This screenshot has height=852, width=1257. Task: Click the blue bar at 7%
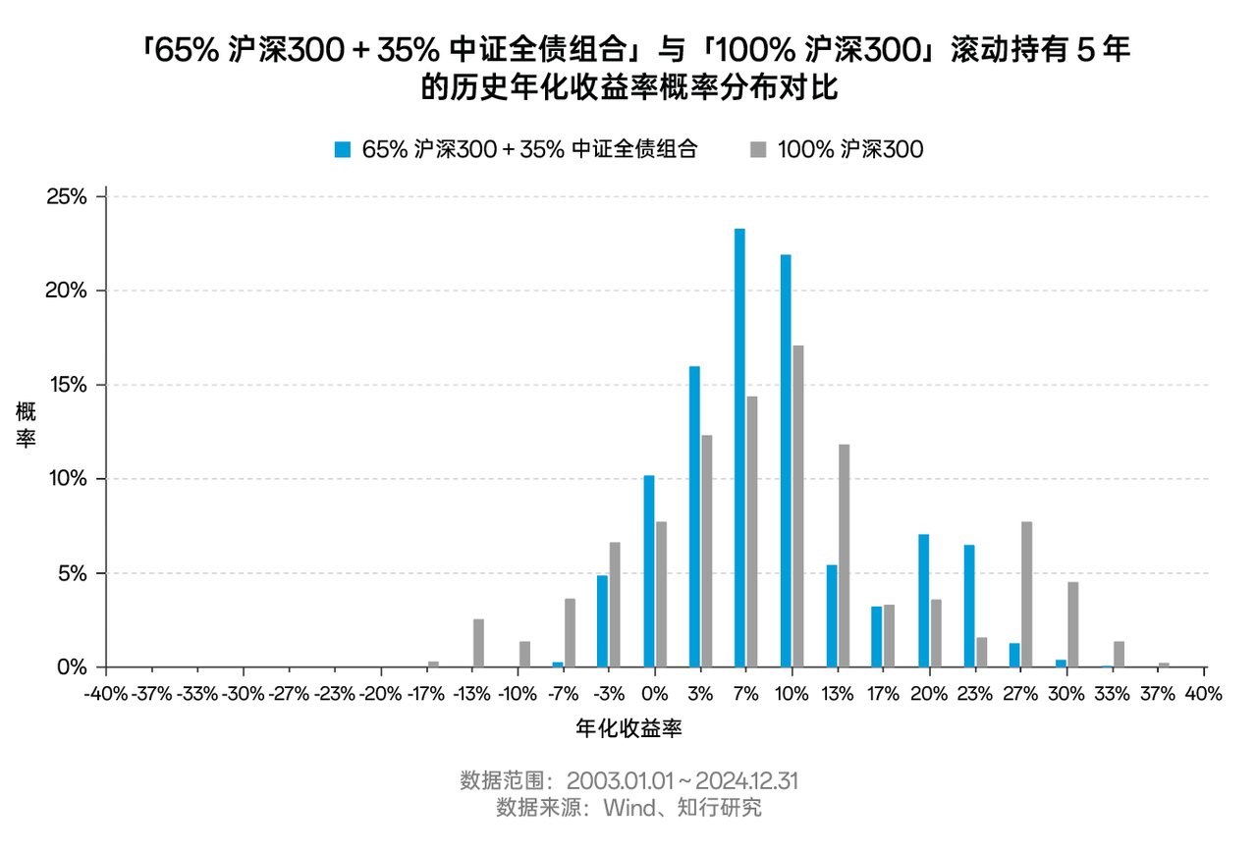tap(739, 448)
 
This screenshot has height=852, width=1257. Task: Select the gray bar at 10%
tap(796, 506)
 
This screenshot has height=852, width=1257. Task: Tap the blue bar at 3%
tap(694, 516)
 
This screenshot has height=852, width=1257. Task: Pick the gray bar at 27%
tap(1026, 594)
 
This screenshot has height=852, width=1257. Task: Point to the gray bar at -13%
tap(478, 643)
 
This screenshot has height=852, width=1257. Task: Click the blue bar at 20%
tap(923, 601)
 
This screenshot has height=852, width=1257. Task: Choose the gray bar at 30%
tap(1072, 624)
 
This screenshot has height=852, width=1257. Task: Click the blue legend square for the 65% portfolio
tap(343, 149)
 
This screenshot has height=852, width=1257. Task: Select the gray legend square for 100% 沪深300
tap(758, 149)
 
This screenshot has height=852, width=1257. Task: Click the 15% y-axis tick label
tap(67, 385)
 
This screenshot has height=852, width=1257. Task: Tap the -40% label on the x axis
tap(105, 694)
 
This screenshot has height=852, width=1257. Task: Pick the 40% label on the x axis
tap(1204, 694)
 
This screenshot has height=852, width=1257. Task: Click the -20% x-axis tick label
tap(380, 694)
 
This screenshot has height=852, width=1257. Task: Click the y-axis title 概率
tap(27, 424)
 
